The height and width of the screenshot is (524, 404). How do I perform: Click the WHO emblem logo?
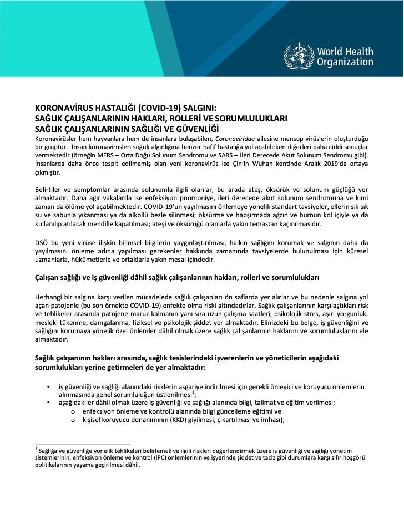click(299, 56)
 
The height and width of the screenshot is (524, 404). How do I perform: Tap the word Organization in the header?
click(345, 63)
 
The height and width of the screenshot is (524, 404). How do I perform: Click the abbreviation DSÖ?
click(42, 242)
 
